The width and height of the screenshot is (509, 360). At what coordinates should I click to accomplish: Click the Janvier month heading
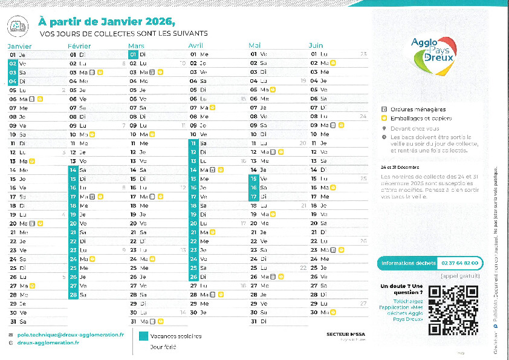tap(19, 46)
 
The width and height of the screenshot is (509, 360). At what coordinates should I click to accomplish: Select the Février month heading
tap(79, 46)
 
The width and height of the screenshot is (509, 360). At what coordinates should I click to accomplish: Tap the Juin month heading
tap(316, 46)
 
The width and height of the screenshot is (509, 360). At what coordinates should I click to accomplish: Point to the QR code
tap(453, 310)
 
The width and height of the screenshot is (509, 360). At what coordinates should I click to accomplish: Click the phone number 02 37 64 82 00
tap(460, 263)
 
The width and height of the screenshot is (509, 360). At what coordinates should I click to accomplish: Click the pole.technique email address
tap(70, 334)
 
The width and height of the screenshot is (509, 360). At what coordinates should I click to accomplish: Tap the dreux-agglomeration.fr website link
tap(48, 342)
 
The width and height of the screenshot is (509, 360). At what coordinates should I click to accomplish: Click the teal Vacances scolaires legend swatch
tap(143, 336)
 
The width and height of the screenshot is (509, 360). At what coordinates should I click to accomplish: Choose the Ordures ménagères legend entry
tap(413, 110)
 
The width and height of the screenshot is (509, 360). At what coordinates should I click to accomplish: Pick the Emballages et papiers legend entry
tap(417, 119)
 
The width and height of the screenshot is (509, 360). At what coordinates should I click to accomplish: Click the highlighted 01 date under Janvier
tap(13, 54)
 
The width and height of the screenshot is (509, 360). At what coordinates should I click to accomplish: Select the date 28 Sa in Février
tap(78, 295)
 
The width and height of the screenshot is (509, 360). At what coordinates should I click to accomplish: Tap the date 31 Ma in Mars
tap(138, 321)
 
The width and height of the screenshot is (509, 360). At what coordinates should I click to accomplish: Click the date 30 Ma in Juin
tap(319, 312)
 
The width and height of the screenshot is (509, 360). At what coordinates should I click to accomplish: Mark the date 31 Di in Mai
tap(259, 321)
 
